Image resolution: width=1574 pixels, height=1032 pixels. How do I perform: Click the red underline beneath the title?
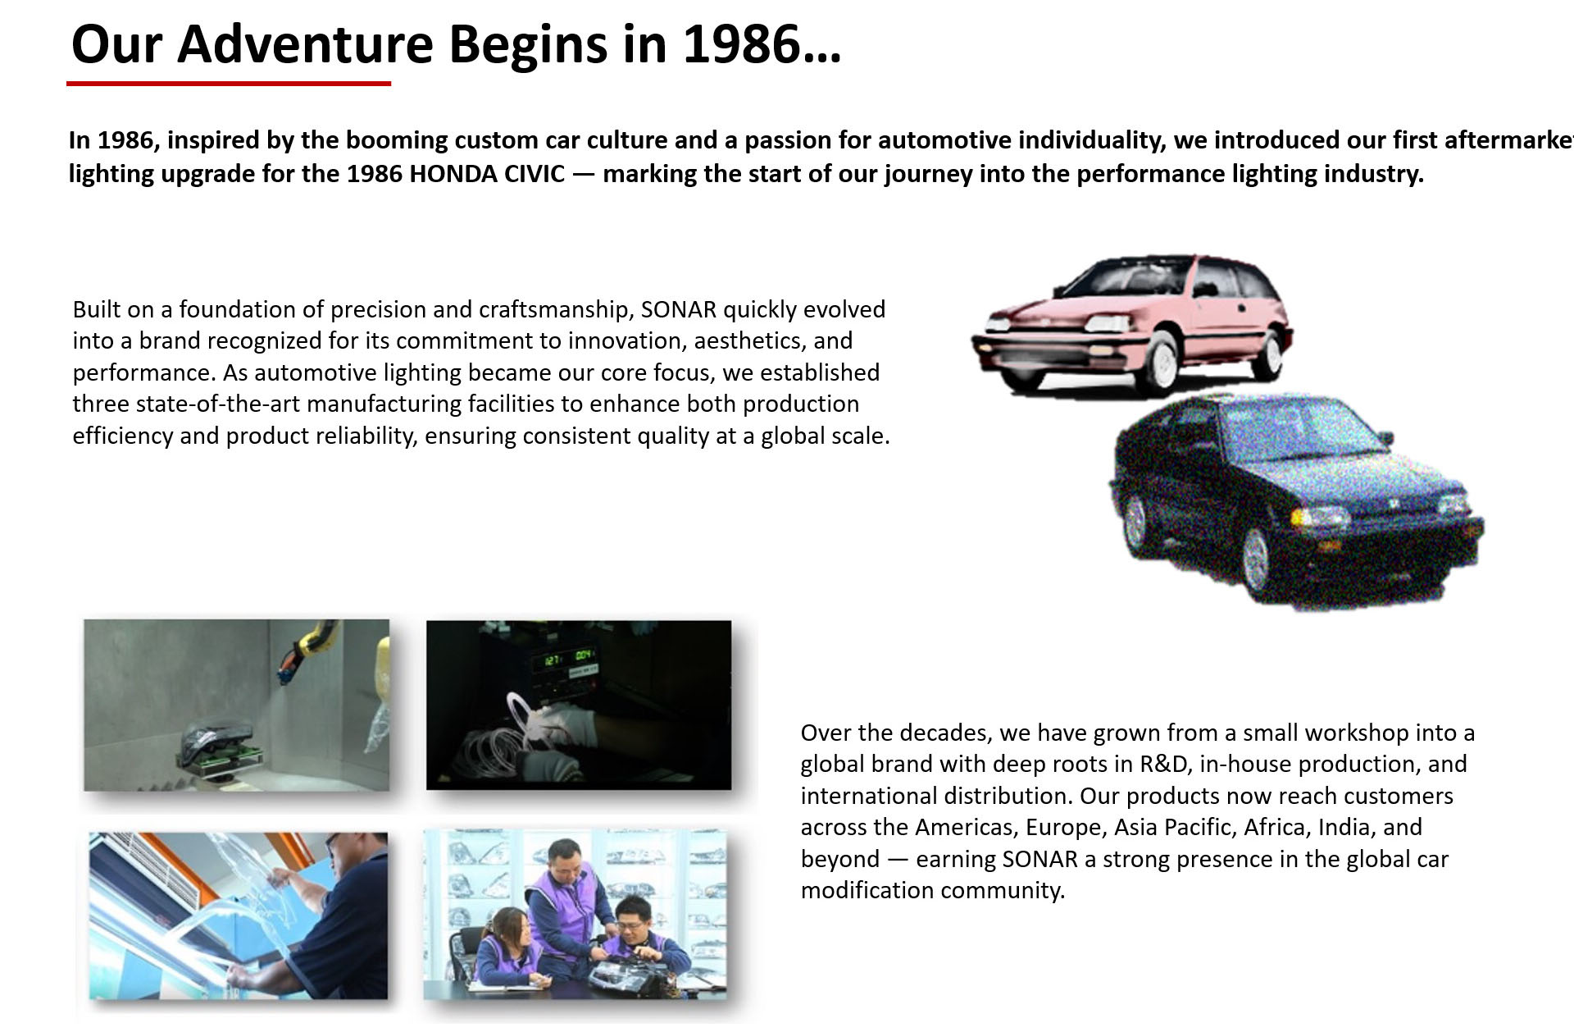click(x=229, y=83)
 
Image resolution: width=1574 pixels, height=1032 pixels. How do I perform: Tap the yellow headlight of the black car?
click(x=1318, y=518)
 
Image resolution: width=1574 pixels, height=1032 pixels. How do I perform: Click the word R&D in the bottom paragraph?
click(x=1164, y=764)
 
